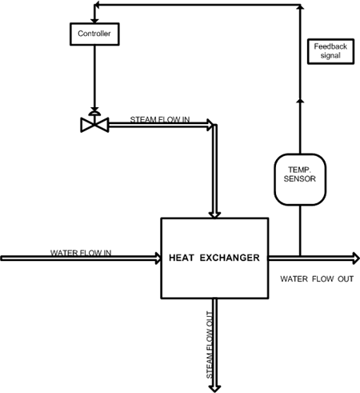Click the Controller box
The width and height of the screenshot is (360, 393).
point(94,34)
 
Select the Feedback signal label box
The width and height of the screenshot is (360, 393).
point(330,51)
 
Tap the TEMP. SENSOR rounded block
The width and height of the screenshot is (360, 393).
point(300,179)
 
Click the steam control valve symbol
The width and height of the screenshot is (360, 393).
point(94,122)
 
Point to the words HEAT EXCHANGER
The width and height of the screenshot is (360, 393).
point(214,258)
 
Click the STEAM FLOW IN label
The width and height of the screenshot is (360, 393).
point(160,119)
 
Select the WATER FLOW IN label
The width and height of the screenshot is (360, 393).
point(81,252)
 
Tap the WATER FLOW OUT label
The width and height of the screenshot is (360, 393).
point(317,279)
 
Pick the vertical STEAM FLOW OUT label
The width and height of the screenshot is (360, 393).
point(210,345)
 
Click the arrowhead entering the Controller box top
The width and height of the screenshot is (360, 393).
point(94,21)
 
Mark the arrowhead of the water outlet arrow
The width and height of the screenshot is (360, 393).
point(356,258)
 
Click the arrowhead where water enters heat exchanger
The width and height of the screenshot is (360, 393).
point(158,258)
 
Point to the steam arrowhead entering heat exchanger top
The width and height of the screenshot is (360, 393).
point(214,215)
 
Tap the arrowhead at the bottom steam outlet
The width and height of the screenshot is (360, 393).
point(214,389)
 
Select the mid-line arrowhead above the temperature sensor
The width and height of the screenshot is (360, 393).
point(300,100)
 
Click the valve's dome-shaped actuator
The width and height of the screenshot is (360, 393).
point(94,113)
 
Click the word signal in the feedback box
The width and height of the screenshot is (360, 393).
point(330,56)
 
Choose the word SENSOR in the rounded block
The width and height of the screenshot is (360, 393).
point(300,178)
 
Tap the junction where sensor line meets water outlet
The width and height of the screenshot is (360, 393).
point(300,256)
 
